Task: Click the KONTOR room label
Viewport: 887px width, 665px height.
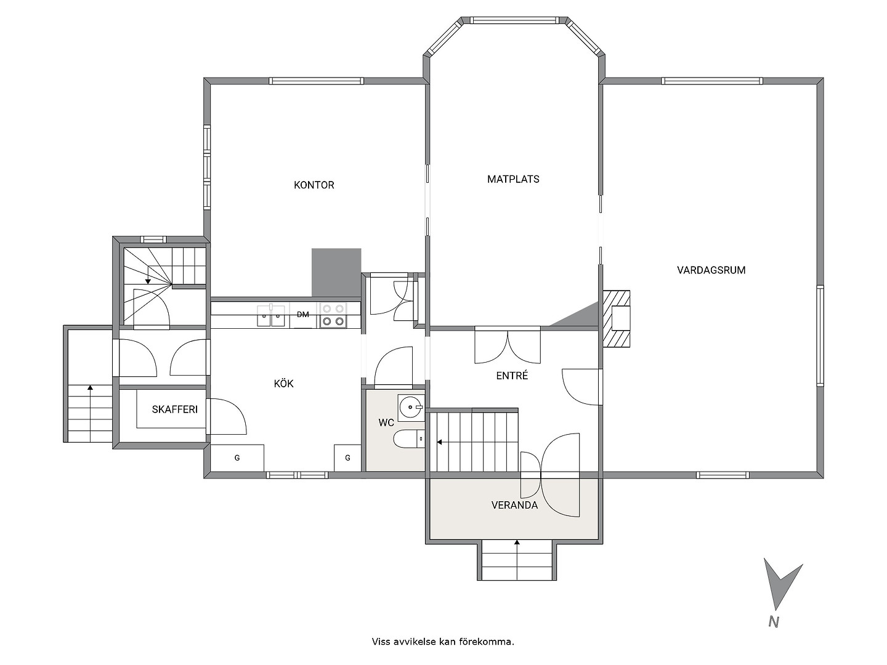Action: [314, 185]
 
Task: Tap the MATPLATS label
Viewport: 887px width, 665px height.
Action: [513, 179]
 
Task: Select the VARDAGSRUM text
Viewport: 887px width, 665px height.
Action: [711, 270]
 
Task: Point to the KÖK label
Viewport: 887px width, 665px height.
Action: [283, 383]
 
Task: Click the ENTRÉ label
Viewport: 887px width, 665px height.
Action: [512, 375]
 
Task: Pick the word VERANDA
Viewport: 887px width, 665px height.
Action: [514, 505]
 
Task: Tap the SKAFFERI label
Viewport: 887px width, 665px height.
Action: [174, 409]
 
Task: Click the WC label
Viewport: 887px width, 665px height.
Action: [386, 423]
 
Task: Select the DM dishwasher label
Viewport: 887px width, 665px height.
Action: [302, 315]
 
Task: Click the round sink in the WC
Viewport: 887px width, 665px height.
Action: [411, 408]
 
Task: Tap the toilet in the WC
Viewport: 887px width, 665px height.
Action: [408, 439]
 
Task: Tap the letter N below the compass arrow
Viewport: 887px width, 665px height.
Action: [774, 622]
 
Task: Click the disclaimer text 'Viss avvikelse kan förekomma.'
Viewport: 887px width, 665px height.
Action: [443, 642]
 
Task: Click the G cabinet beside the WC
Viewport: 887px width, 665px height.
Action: [347, 457]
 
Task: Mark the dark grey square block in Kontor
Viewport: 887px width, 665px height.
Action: [336, 273]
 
